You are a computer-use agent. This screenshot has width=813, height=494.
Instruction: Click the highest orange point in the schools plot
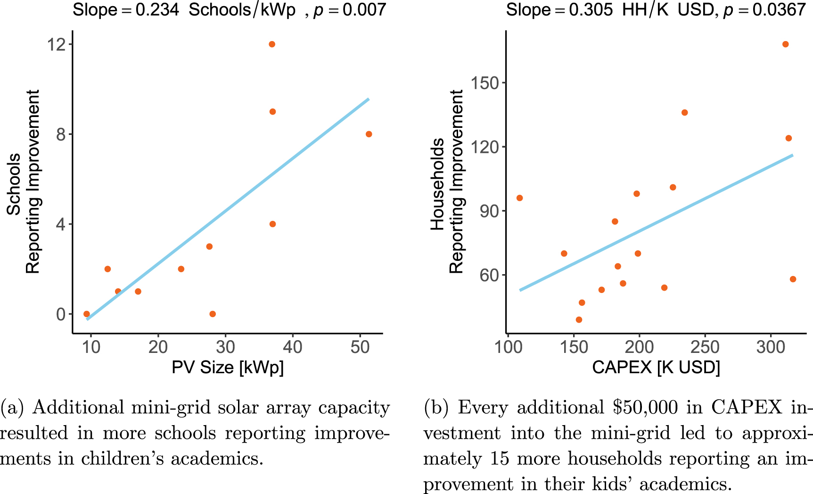tap(272, 44)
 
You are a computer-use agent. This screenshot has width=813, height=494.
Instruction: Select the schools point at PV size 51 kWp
tap(369, 134)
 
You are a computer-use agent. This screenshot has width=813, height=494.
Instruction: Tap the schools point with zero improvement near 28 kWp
tap(213, 314)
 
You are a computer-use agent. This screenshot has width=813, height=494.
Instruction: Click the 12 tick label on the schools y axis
tap(56, 45)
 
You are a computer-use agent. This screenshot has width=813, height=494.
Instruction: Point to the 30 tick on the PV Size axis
tap(225, 347)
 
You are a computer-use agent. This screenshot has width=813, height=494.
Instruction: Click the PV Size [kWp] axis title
tap(228, 367)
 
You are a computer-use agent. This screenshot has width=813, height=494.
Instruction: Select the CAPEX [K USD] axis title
tap(656, 367)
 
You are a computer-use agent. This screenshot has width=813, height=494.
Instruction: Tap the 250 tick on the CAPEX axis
tap(705, 347)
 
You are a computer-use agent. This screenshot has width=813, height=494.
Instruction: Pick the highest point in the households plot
tap(785, 44)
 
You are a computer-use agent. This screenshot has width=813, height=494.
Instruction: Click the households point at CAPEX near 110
tap(519, 198)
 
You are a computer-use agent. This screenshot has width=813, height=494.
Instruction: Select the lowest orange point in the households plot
tap(579, 319)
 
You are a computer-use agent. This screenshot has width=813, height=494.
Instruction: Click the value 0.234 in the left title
tap(157, 9)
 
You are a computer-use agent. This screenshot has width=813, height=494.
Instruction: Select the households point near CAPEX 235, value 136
tap(684, 112)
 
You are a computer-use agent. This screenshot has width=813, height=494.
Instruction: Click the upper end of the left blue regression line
tap(368, 99)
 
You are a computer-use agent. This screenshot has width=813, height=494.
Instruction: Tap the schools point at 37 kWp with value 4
tap(272, 224)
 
